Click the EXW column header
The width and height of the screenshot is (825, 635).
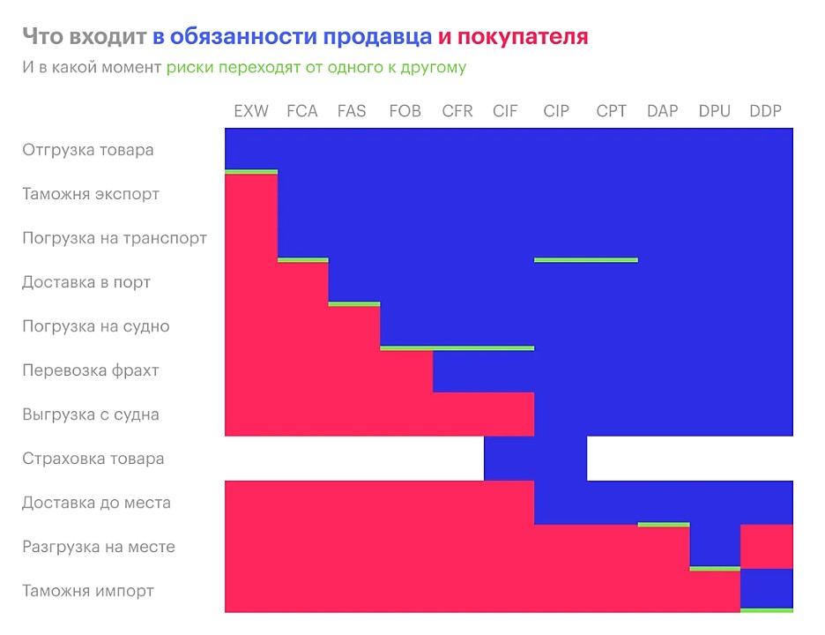point(251,111)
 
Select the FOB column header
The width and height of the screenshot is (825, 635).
point(405,111)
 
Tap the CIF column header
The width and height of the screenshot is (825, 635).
point(506,111)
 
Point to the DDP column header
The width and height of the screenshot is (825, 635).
point(765,111)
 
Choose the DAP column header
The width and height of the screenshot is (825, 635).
point(662,111)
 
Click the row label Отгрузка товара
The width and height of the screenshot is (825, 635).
point(88,150)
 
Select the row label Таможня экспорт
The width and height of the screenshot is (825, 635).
point(91,194)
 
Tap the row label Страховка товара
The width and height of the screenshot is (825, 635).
point(93,459)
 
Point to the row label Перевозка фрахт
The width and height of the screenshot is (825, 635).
point(91,370)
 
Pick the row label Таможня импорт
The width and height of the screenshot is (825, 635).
point(88,591)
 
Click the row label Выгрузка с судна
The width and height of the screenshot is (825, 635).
point(91,415)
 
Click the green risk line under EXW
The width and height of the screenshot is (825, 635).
point(251,172)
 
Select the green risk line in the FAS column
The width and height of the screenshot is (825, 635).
point(354,304)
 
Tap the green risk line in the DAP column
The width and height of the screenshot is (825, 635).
point(663,525)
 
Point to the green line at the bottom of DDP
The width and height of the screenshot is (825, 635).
point(766,609)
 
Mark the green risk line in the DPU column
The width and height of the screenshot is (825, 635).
point(715,569)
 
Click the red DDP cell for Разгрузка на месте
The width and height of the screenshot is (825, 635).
point(766,547)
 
